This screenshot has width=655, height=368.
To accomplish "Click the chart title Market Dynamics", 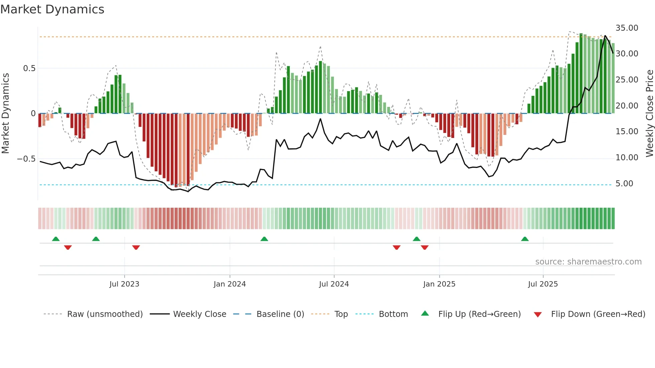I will tap(52, 9).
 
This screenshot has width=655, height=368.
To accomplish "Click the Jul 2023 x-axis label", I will tap(124, 284).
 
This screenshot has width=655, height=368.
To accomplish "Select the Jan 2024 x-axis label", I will tap(230, 284).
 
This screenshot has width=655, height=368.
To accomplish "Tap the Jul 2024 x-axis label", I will tap(334, 284).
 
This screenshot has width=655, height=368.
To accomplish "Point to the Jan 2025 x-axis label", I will tap(439, 284).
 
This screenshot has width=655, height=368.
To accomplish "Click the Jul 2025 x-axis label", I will tap(543, 284).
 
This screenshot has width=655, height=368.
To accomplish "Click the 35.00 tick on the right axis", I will tap(627, 28).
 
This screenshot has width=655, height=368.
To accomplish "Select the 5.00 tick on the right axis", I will tap(624, 184).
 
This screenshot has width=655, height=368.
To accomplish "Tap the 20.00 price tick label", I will tap(627, 106).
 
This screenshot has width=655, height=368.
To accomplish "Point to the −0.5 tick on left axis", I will tap(26, 159).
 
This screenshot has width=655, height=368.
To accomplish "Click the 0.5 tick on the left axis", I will tap(29, 68).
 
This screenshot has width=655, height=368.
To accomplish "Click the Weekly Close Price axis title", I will tap(649, 113).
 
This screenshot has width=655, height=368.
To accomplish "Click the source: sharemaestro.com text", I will tap(588, 262).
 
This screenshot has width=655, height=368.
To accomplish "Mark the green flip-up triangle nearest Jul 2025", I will tap(525, 239).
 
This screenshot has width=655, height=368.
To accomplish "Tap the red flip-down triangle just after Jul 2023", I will tap(136, 247).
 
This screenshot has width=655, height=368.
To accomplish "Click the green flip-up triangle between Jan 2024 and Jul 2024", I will tap(264, 239).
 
